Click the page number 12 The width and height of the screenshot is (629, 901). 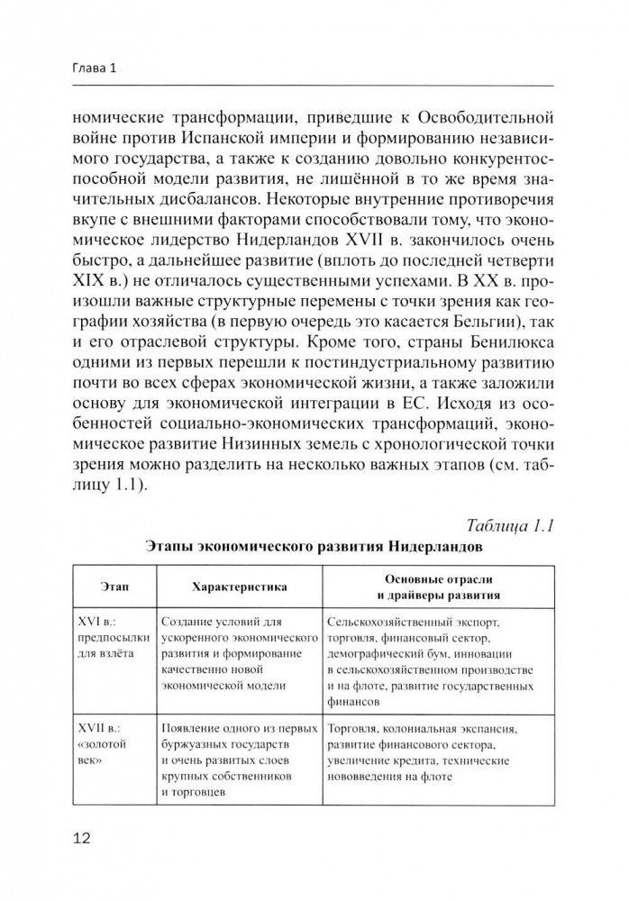(81, 840)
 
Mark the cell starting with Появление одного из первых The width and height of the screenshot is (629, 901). (238, 760)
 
